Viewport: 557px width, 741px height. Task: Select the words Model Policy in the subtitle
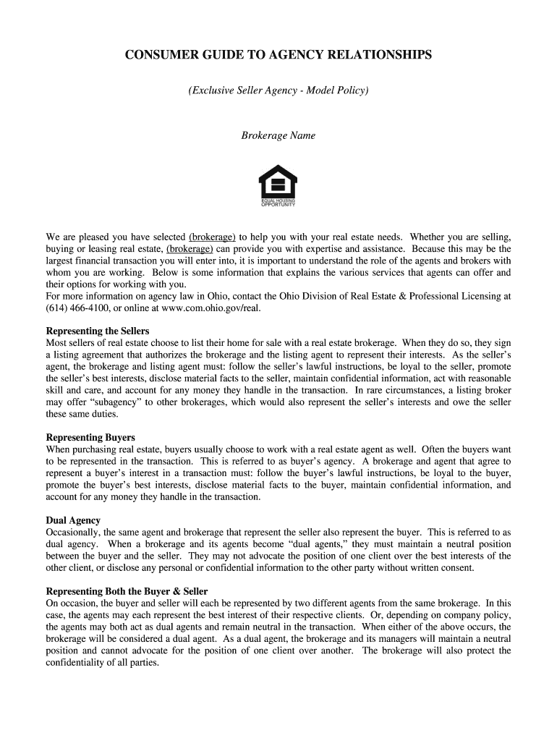(336, 90)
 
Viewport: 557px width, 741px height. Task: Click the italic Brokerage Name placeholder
(278, 135)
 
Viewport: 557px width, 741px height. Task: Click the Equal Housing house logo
(278, 182)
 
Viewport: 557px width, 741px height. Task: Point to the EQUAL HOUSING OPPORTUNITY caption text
(278, 203)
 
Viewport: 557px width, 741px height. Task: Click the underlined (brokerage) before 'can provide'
(190, 248)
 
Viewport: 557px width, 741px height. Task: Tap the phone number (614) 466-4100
(76, 308)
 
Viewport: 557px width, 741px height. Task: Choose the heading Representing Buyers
(90, 438)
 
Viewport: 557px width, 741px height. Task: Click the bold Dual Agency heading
(73, 520)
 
